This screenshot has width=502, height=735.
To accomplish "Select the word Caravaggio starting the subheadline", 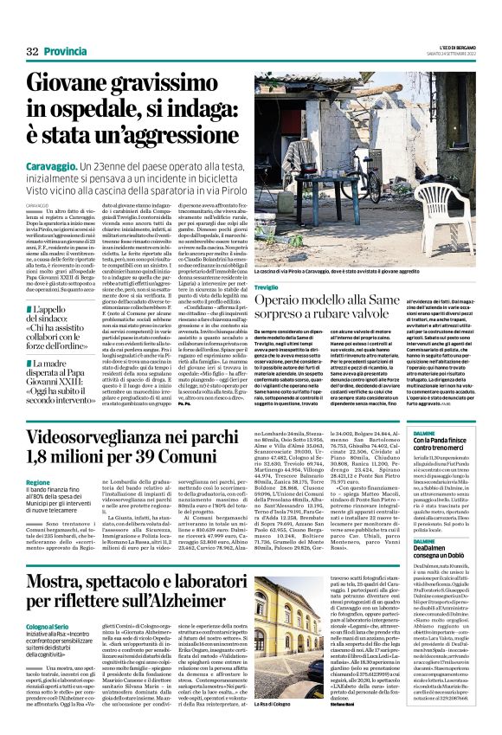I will (x=55, y=164).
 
